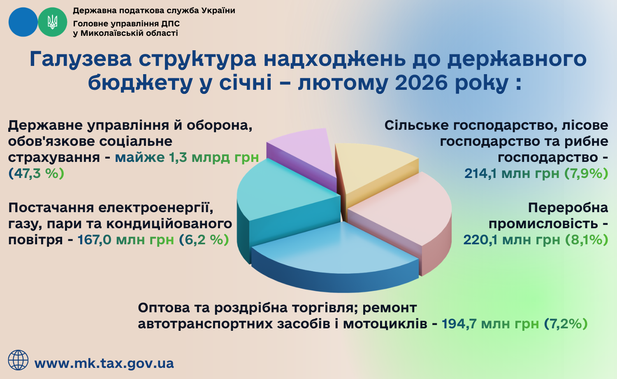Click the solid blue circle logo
(x=23, y=22)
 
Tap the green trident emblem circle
(x=52, y=22)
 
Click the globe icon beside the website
(x=18, y=360)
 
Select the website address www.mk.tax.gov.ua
(x=104, y=363)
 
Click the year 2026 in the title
(x=421, y=82)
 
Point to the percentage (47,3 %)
(x=36, y=173)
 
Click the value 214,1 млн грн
(x=512, y=173)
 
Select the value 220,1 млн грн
(x=512, y=240)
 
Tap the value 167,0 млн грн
(x=125, y=240)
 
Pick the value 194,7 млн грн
(x=490, y=323)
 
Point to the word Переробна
(x=568, y=208)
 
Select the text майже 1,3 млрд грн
(x=187, y=157)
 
